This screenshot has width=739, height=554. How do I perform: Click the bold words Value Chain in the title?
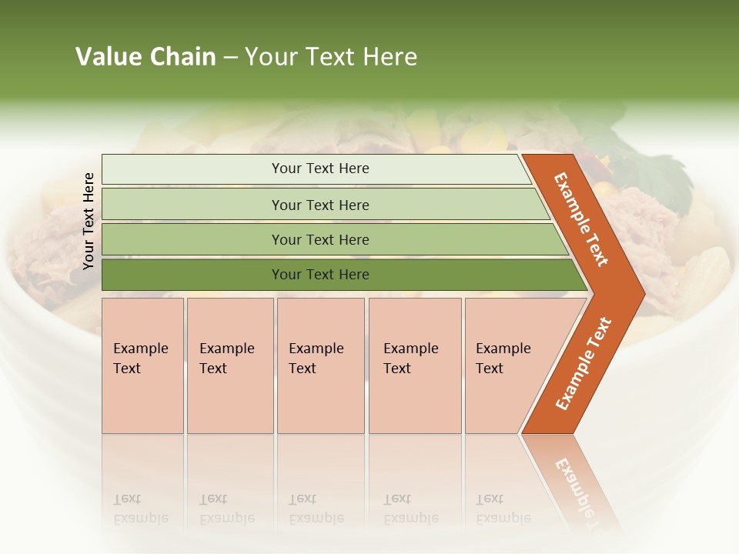point(145,57)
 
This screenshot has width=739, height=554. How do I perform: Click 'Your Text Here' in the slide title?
point(331,57)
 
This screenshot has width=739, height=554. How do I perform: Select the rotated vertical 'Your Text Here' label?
point(89,221)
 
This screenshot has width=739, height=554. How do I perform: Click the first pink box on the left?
point(142,365)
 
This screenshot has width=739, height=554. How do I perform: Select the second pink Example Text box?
point(229,365)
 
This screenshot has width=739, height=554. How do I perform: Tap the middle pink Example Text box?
point(320,365)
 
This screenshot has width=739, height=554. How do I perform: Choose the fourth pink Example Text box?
point(414,365)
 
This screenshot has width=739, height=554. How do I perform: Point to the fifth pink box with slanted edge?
point(508,365)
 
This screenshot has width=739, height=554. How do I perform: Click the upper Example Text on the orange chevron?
point(581,219)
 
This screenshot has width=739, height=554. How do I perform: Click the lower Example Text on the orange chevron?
point(584,364)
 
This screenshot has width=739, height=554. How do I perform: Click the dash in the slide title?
point(229,58)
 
